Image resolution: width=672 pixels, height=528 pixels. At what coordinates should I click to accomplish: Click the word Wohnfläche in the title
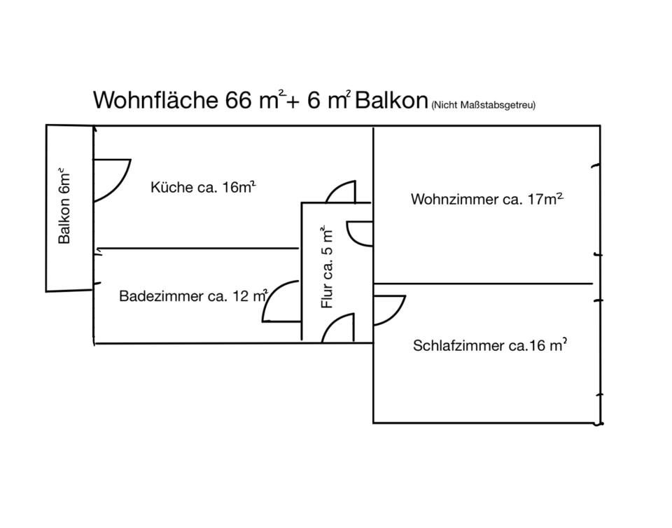point(155,100)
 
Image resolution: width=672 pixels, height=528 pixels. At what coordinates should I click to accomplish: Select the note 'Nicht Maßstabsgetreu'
point(484,105)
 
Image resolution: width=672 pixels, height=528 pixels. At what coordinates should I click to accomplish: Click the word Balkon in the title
point(391,100)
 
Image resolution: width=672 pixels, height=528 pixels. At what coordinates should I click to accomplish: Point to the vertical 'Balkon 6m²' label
point(64,206)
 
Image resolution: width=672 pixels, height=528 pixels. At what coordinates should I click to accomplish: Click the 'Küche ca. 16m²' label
point(203,187)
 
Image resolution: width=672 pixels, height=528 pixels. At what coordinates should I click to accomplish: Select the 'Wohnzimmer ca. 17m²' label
point(487,199)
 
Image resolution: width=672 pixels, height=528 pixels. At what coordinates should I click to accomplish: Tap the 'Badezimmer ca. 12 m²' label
point(193,296)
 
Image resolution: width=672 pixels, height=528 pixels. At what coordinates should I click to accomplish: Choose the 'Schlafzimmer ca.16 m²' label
point(489,345)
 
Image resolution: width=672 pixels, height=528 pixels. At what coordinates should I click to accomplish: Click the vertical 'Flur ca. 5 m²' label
point(328,267)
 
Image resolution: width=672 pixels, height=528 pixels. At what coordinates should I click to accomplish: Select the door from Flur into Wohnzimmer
point(360,233)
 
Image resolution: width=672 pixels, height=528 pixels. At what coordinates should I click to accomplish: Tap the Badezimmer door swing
point(280,303)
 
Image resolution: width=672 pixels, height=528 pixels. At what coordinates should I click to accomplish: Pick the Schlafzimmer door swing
point(387,310)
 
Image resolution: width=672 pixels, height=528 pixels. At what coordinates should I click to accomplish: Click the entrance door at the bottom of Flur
point(339,328)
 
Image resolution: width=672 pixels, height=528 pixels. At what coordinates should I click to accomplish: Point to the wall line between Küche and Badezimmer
point(196,248)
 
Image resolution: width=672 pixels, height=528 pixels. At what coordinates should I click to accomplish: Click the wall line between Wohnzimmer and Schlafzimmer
point(483,284)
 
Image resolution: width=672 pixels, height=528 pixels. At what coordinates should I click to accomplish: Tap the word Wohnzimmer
point(455,199)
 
